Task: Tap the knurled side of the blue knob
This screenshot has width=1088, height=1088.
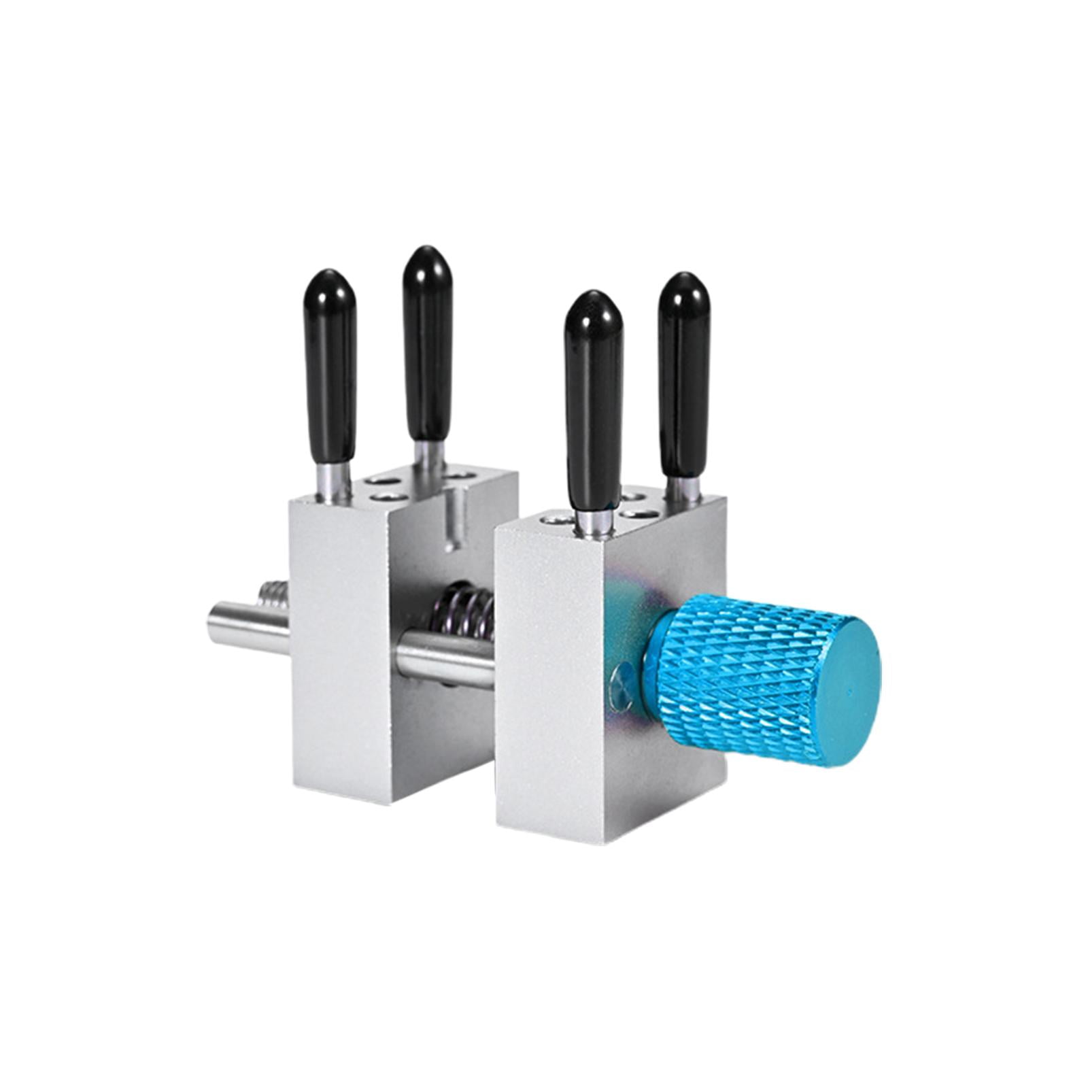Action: (734, 673)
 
